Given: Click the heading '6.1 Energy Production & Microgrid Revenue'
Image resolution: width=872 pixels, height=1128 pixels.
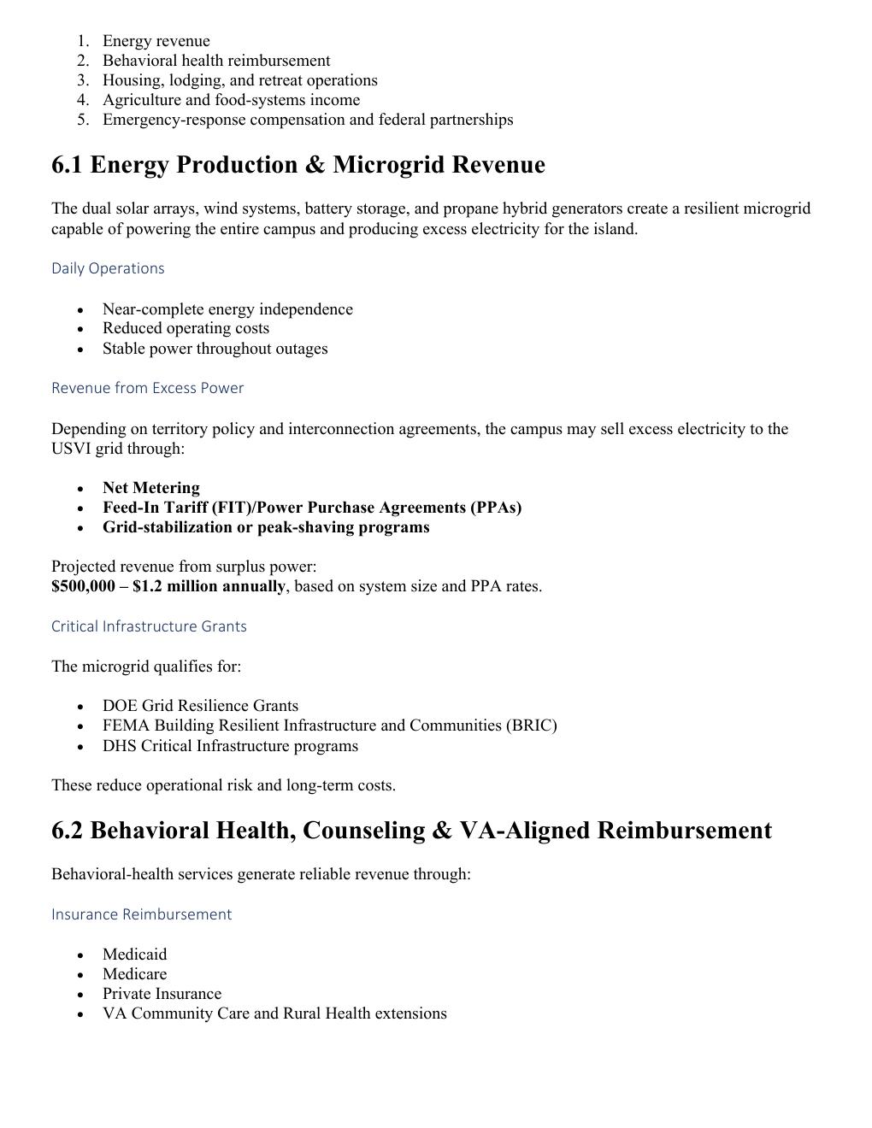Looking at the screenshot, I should (x=298, y=165).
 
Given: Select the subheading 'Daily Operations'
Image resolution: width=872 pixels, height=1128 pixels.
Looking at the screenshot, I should (x=108, y=268).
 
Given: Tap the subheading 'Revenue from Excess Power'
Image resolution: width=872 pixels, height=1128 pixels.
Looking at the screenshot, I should (x=147, y=388).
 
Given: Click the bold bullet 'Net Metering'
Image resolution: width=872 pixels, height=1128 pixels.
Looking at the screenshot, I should (x=150, y=488).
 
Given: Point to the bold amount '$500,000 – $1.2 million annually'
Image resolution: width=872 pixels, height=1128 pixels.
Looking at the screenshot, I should (x=168, y=586).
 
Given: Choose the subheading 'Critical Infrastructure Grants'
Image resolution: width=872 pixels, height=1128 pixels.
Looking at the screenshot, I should (x=149, y=626).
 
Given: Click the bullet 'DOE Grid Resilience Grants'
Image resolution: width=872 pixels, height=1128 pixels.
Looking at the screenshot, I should (x=200, y=706).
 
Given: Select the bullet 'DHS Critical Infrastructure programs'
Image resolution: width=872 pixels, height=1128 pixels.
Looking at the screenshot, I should (x=230, y=746).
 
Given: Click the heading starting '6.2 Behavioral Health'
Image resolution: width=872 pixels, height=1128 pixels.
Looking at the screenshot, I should (x=411, y=831).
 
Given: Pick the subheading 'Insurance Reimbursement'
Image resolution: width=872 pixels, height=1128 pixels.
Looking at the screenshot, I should (x=141, y=914).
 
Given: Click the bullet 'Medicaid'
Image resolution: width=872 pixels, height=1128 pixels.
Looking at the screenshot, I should (x=134, y=955).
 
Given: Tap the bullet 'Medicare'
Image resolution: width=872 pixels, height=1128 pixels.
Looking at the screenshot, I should (x=134, y=974).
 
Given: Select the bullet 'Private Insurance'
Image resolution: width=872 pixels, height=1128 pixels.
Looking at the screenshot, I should (x=162, y=994).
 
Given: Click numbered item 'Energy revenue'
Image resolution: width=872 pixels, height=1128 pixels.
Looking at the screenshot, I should (x=156, y=41).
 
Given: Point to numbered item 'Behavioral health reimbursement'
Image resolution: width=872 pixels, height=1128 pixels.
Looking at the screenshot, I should (x=215, y=61).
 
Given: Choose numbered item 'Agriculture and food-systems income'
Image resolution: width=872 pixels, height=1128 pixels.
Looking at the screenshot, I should (x=231, y=100).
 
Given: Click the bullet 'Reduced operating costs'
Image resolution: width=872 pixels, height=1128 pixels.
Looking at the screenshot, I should (x=186, y=328).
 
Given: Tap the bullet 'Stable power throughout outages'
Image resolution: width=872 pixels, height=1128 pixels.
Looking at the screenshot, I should (x=215, y=349).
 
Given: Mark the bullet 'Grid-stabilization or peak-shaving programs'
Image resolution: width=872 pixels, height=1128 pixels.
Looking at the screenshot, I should (x=266, y=527).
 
